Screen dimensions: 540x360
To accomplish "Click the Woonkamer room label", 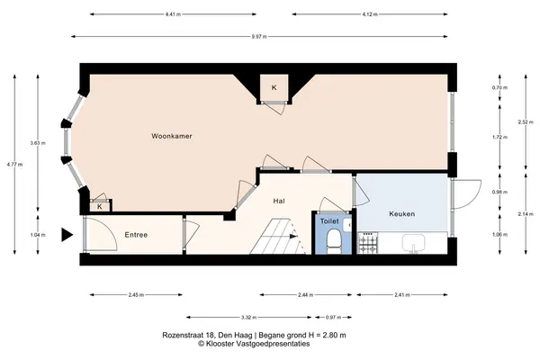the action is (x=172, y=136).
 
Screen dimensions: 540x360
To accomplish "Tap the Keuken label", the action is (x=402, y=214).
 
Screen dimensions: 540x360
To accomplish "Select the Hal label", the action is (x=279, y=201).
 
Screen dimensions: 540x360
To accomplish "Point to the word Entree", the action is (x=136, y=235).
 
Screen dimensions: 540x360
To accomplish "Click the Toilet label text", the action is (x=329, y=221).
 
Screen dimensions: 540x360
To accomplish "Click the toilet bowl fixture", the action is (x=333, y=242).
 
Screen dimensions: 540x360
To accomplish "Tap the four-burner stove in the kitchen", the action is (x=368, y=243).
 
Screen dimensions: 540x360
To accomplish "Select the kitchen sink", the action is (x=414, y=243).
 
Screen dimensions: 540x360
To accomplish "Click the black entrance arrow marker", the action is (x=67, y=235).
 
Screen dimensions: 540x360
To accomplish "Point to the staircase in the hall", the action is (x=278, y=237).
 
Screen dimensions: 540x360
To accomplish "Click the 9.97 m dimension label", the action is (x=259, y=37).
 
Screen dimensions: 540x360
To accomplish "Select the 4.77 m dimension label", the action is (x=14, y=165).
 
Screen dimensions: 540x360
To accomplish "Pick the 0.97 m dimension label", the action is (x=333, y=318).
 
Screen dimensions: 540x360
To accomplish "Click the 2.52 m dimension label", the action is (x=526, y=122).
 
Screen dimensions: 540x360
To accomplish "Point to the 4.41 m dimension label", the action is (x=173, y=14).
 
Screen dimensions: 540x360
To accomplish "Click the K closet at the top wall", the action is (x=274, y=87).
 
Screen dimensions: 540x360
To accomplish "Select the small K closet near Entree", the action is (x=100, y=207).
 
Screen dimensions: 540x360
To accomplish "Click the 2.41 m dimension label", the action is (x=402, y=295).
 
